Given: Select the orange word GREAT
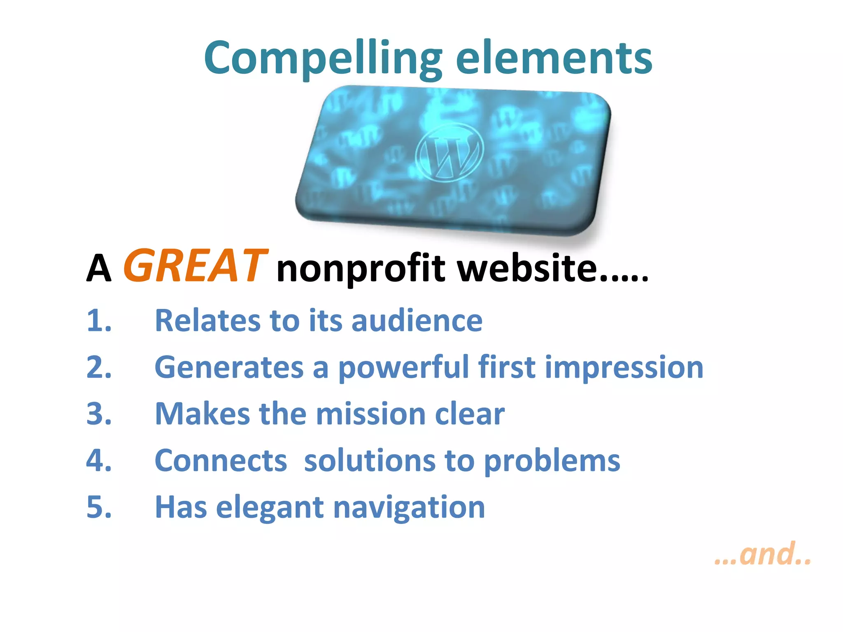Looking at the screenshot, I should (196, 266).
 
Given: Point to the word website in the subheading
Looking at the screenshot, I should (527, 268).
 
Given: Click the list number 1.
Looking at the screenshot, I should (99, 321).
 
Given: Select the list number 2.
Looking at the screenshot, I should (99, 367).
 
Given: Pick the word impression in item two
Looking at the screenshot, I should (624, 367).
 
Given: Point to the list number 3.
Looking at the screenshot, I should (99, 414).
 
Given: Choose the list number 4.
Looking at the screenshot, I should (99, 460).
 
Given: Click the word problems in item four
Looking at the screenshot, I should (552, 460).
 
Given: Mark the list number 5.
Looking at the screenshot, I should (99, 507).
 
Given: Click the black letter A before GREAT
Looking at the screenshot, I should (99, 268).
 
